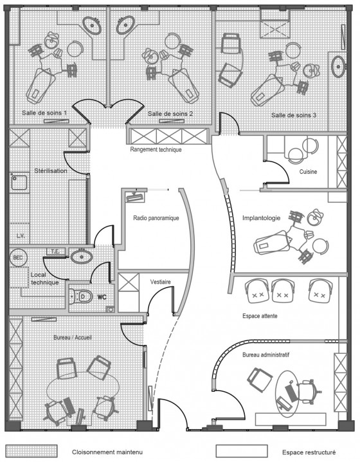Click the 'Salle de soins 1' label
point(44,113)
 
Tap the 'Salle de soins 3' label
point(294,115)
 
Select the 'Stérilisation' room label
point(51,171)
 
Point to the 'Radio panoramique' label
point(156,218)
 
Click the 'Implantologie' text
point(261,218)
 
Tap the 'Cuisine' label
point(308,172)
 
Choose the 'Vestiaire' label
point(161,282)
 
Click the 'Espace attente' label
point(260,316)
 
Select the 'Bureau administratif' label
point(265,355)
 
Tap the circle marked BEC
point(17,257)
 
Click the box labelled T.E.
point(56,252)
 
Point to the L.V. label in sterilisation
point(21,236)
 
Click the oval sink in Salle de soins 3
point(338,66)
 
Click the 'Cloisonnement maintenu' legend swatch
point(32,451)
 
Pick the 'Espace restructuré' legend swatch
point(242,451)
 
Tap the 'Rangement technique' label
point(156,150)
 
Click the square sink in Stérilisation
point(19,183)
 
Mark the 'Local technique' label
point(44,279)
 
